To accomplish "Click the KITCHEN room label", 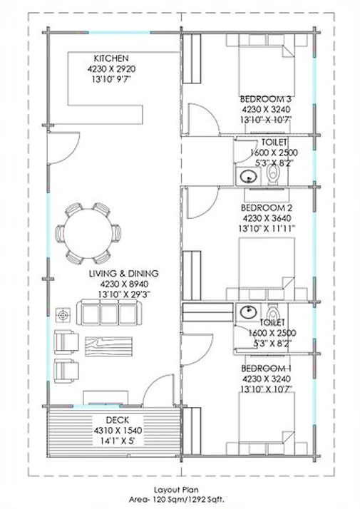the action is [111, 58].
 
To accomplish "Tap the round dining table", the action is [88, 233].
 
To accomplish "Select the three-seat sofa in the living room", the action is [109, 313].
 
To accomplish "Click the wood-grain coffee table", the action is [108, 346].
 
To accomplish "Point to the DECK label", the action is [118, 421].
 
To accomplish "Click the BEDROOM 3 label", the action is [265, 98].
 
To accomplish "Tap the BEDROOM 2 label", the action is [266, 207].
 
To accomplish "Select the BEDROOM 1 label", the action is [266, 369].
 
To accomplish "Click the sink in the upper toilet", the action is [249, 177].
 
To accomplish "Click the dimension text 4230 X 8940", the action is [124, 284].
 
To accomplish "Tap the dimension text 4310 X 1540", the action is [118, 431].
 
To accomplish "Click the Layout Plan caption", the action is [176, 490].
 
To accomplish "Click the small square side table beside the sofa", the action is [63, 315].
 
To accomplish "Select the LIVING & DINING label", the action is [124, 273].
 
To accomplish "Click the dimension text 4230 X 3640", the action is [267, 218].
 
